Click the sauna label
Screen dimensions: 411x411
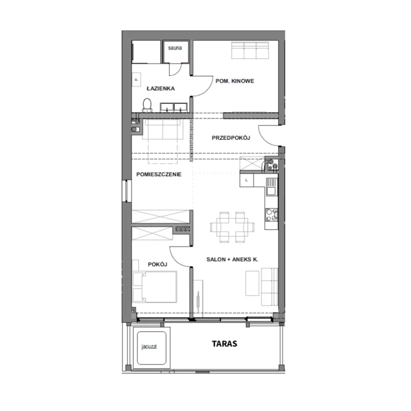175,48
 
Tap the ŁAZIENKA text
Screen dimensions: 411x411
161,88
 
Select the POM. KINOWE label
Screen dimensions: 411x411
235,81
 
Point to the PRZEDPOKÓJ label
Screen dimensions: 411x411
231,138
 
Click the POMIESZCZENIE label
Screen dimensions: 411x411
159,174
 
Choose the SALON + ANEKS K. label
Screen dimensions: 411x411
232,260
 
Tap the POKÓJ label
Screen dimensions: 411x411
157,264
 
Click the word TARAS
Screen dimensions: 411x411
224,344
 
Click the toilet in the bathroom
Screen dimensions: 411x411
147,106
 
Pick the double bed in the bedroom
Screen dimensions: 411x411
155,287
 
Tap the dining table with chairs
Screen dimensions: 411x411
232,227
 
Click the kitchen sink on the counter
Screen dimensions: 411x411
272,187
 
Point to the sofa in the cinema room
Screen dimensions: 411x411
250,50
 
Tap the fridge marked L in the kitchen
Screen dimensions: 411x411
247,180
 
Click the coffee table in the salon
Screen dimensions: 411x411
252,283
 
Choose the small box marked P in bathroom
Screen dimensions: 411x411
136,80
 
